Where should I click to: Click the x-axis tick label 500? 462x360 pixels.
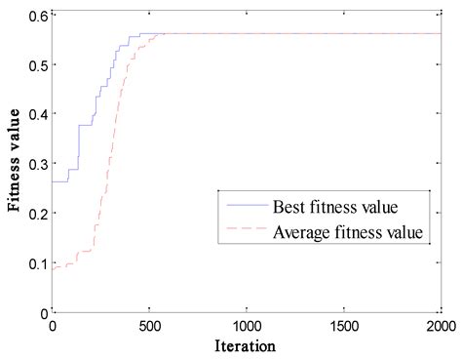tap(149, 326)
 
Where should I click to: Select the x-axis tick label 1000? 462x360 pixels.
tap(246, 326)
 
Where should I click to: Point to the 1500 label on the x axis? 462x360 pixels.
tap(343, 326)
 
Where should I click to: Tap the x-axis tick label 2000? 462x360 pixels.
tap(440, 326)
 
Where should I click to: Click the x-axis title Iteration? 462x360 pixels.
tap(246, 346)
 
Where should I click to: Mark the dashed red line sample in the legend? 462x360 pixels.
tap(249, 233)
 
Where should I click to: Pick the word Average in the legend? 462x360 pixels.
tap(308, 233)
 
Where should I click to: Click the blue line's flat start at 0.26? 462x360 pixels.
tap(59, 181)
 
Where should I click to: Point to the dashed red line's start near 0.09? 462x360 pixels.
tap(57, 266)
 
